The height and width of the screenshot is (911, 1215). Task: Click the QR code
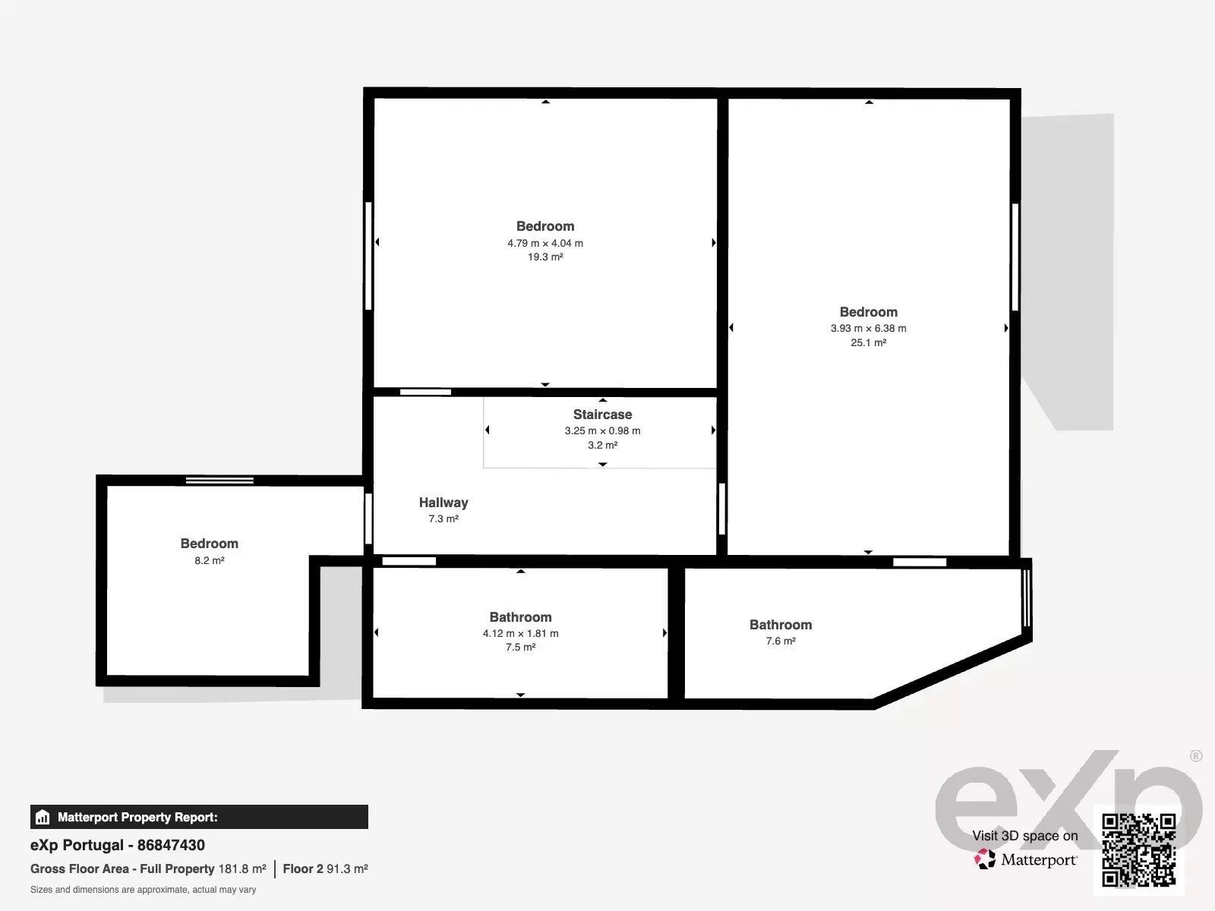1138,850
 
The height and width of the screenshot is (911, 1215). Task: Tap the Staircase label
602,415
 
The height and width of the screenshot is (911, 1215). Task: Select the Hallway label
443,503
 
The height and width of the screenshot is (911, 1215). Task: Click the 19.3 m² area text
545,257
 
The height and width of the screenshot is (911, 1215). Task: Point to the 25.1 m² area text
869,342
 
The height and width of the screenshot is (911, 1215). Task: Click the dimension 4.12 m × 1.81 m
520,633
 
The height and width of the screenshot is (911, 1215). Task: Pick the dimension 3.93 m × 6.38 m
869,328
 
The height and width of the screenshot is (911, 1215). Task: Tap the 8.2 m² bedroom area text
210,560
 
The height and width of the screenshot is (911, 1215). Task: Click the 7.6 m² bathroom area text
781,641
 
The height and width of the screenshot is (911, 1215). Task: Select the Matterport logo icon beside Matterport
985,859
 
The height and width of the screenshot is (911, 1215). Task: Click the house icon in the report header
43,817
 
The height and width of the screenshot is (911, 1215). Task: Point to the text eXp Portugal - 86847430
118,845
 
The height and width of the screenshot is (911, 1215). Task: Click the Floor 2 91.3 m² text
326,869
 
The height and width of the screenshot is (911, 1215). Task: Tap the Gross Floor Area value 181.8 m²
242,869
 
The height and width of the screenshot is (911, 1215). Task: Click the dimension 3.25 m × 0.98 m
602,431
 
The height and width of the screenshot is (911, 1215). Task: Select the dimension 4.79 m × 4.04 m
545,243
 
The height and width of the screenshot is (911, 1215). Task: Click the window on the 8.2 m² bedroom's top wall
219,481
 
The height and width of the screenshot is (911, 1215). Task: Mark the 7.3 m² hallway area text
443,519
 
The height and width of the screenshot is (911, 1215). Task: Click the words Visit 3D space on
1025,836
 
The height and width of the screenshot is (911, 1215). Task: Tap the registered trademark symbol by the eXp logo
1196,755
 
